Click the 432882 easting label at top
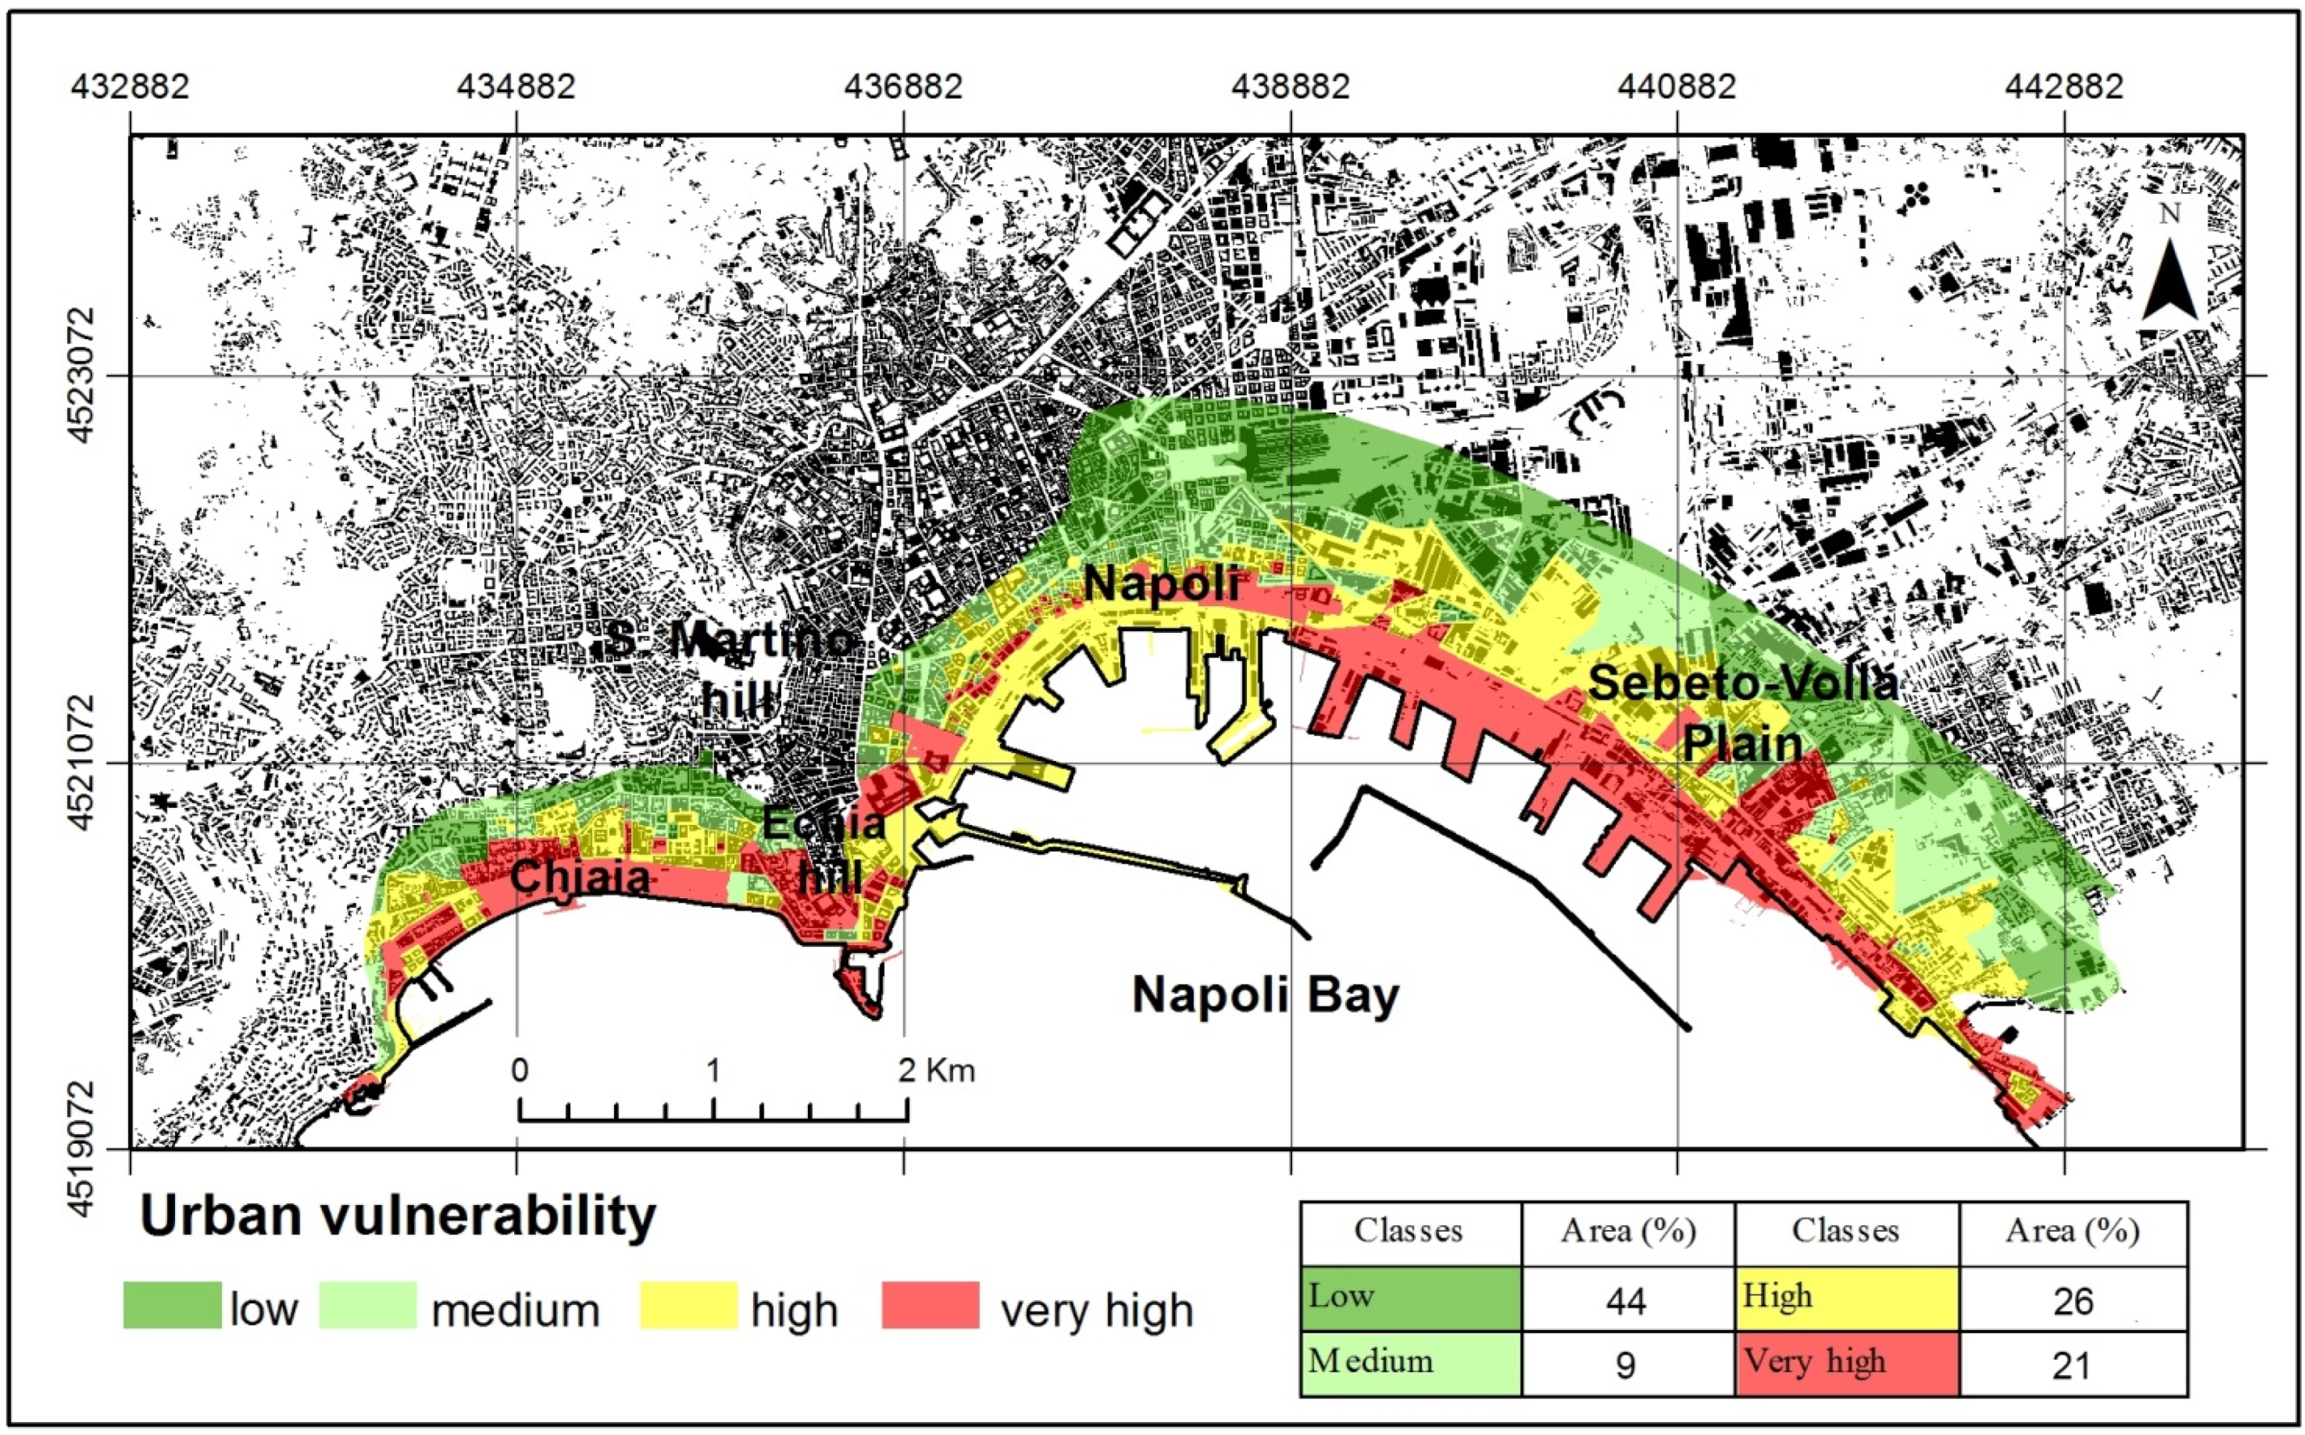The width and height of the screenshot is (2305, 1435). [x=130, y=86]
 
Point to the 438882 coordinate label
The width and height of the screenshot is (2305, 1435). [x=1290, y=86]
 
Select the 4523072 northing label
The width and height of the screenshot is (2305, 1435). [x=82, y=374]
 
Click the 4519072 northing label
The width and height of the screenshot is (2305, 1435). [x=82, y=1148]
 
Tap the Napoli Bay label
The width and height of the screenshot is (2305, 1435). [x=1265, y=994]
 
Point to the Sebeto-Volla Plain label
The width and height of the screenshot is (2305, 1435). [x=1742, y=711]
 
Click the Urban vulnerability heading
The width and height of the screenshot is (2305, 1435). [x=398, y=1215]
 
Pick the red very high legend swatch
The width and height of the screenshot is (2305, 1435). [x=929, y=1305]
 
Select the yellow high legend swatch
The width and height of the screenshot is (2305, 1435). [x=688, y=1305]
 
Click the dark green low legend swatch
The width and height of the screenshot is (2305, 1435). [x=172, y=1305]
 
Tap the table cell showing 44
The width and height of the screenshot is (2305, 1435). [x=1625, y=1299]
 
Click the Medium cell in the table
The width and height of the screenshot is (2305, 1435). [x=1409, y=1363]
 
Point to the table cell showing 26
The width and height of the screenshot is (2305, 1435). [x=2072, y=1299]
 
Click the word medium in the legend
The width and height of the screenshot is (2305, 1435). [x=515, y=1311]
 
